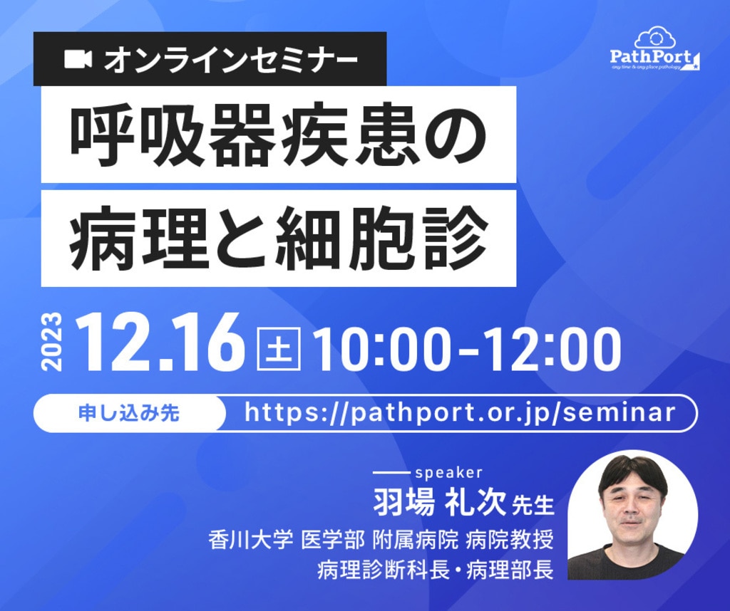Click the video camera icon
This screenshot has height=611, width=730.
[x=78, y=59]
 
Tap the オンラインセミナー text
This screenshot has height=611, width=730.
[x=231, y=60]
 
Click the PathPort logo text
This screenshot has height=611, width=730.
[x=652, y=57]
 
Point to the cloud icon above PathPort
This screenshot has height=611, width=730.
[x=655, y=38]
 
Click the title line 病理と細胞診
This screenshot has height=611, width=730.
[x=279, y=238]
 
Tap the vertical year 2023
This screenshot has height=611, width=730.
[x=51, y=343]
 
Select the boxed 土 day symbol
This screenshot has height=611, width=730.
[x=279, y=349]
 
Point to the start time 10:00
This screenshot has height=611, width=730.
[x=382, y=349]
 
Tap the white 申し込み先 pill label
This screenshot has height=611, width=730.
[x=130, y=413]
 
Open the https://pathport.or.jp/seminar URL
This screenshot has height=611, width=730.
[x=460, y=413]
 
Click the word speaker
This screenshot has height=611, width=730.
[x=449, y=473]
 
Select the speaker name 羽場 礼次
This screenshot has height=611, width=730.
[x=438, y=502]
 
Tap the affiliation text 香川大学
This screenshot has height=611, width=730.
[x=250, y=540]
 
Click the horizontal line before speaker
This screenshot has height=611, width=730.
[x=391, y=473]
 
